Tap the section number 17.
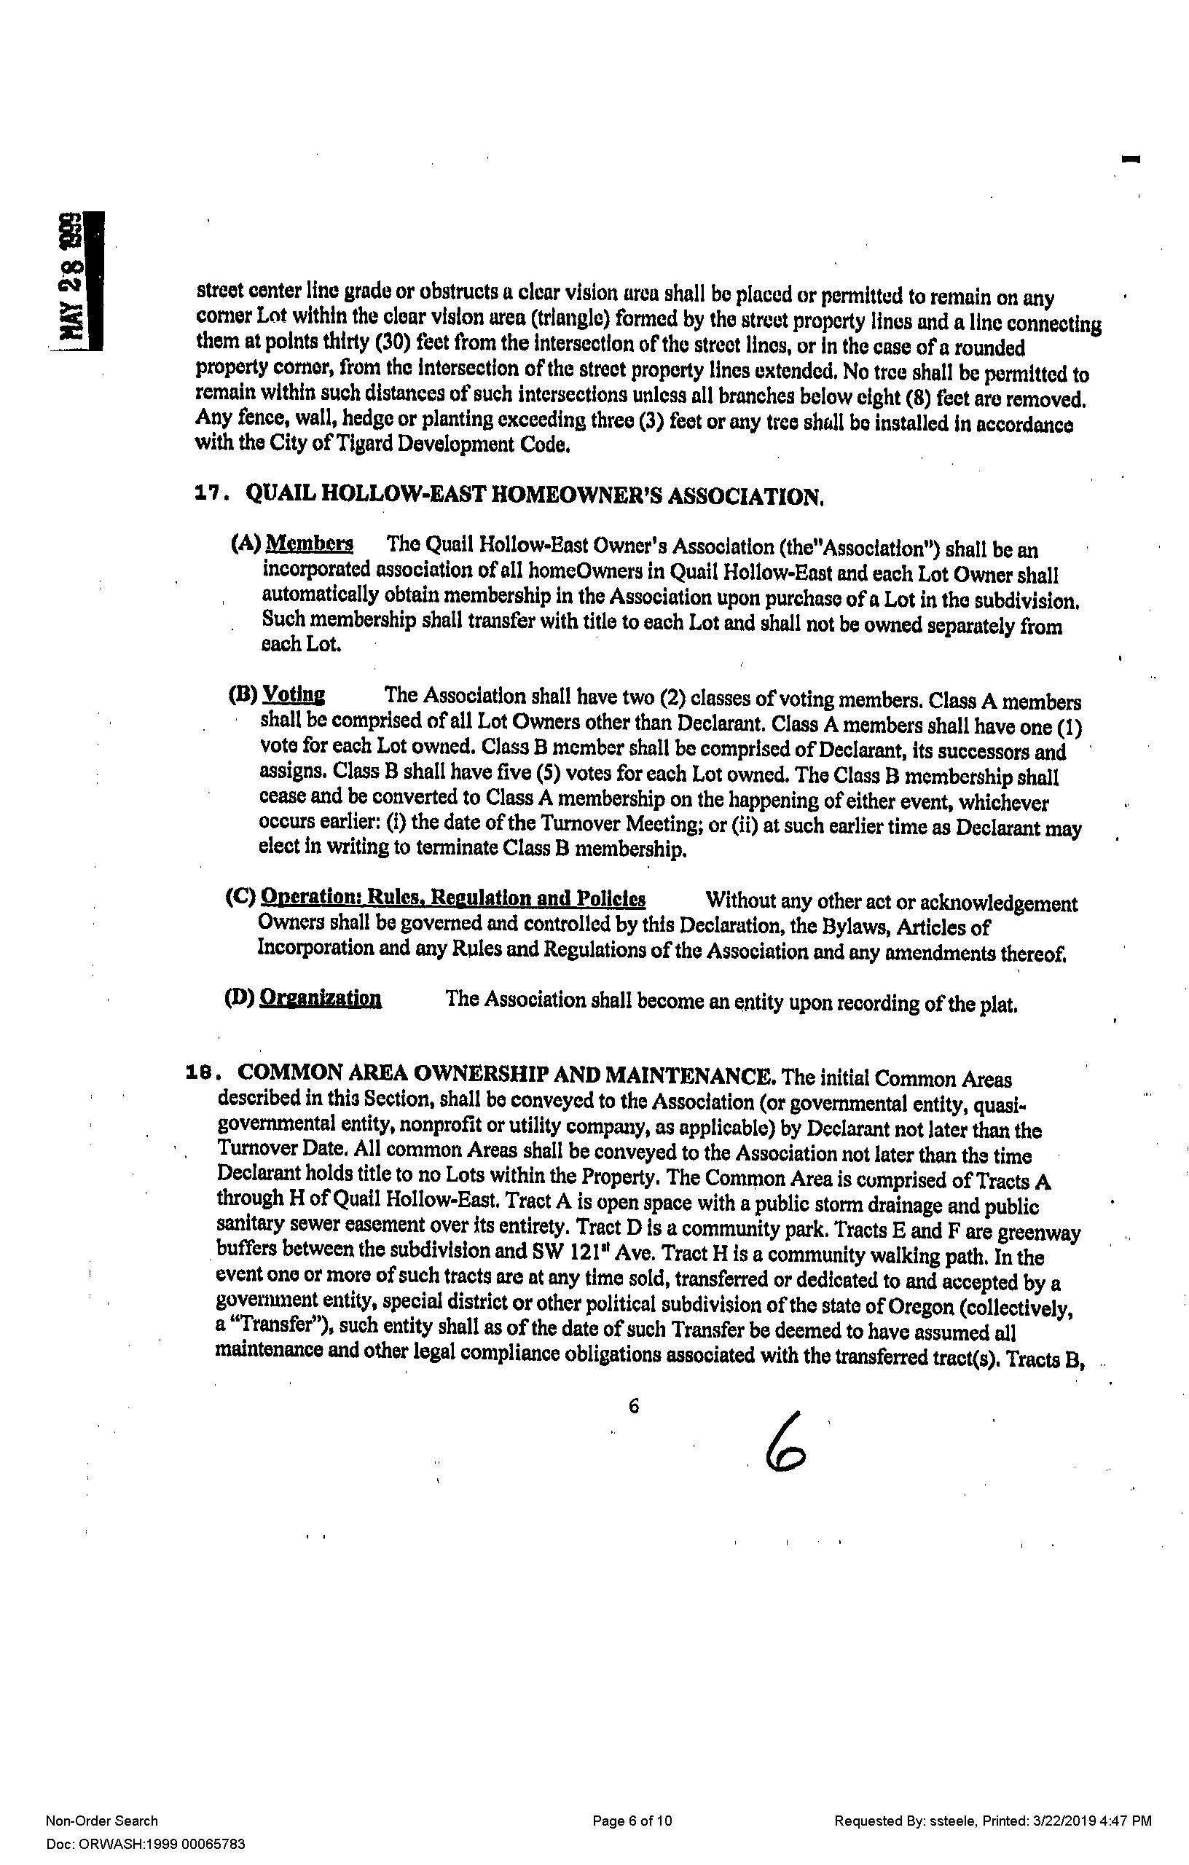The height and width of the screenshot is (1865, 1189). tap(210, 494)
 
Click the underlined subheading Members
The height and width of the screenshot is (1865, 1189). tap(310, 543)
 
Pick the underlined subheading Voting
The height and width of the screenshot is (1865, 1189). tap(294, 694)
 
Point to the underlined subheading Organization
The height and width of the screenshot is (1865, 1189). tap(320, 997)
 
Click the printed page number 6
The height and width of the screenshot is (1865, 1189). tap(634, 1407)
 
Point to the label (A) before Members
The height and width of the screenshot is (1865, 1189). tap(246, 544)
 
